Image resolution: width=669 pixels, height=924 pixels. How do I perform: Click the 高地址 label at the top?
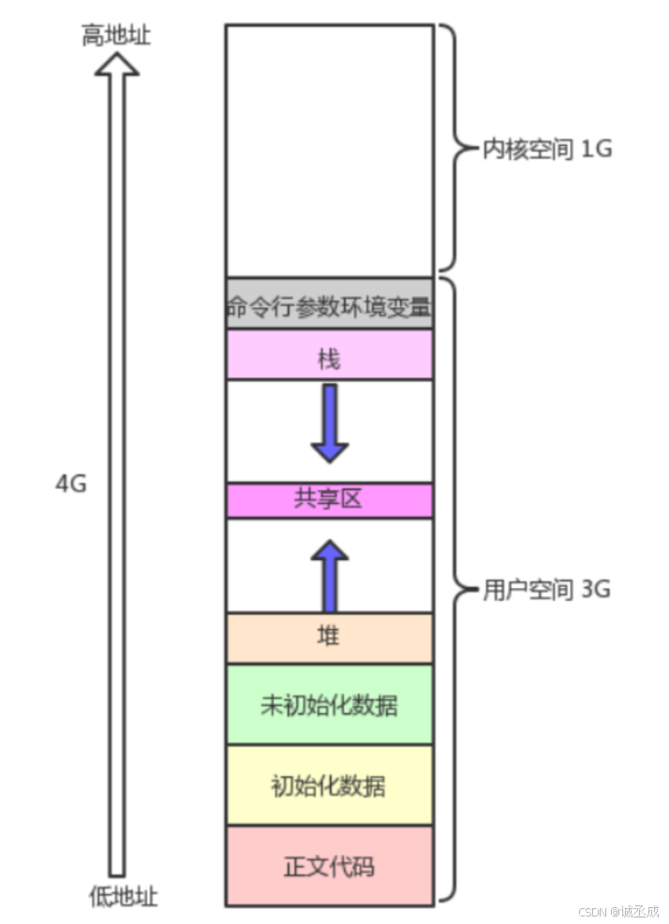pos(116,36)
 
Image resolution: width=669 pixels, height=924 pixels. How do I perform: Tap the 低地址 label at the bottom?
pos(123,896)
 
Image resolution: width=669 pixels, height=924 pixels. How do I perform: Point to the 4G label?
pos(71,484)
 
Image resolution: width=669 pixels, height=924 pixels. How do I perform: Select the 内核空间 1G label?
pos(546,149)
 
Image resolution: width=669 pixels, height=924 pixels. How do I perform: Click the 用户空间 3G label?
pos(546,590)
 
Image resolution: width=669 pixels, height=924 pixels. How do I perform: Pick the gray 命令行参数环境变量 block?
pos(329,304)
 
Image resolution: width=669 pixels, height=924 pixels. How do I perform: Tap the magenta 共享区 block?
pos(329,500)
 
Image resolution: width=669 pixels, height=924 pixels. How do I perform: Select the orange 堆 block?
pos(329,638)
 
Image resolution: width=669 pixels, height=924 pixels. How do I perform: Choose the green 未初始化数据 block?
pos(329,704)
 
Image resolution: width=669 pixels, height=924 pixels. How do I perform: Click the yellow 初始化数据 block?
pos(329,785)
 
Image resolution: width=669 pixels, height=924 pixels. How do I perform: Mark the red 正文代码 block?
pos(329,865)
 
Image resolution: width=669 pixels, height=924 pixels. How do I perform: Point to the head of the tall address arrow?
pos(116,64)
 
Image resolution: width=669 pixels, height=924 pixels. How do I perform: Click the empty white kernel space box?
pos(329,150)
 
